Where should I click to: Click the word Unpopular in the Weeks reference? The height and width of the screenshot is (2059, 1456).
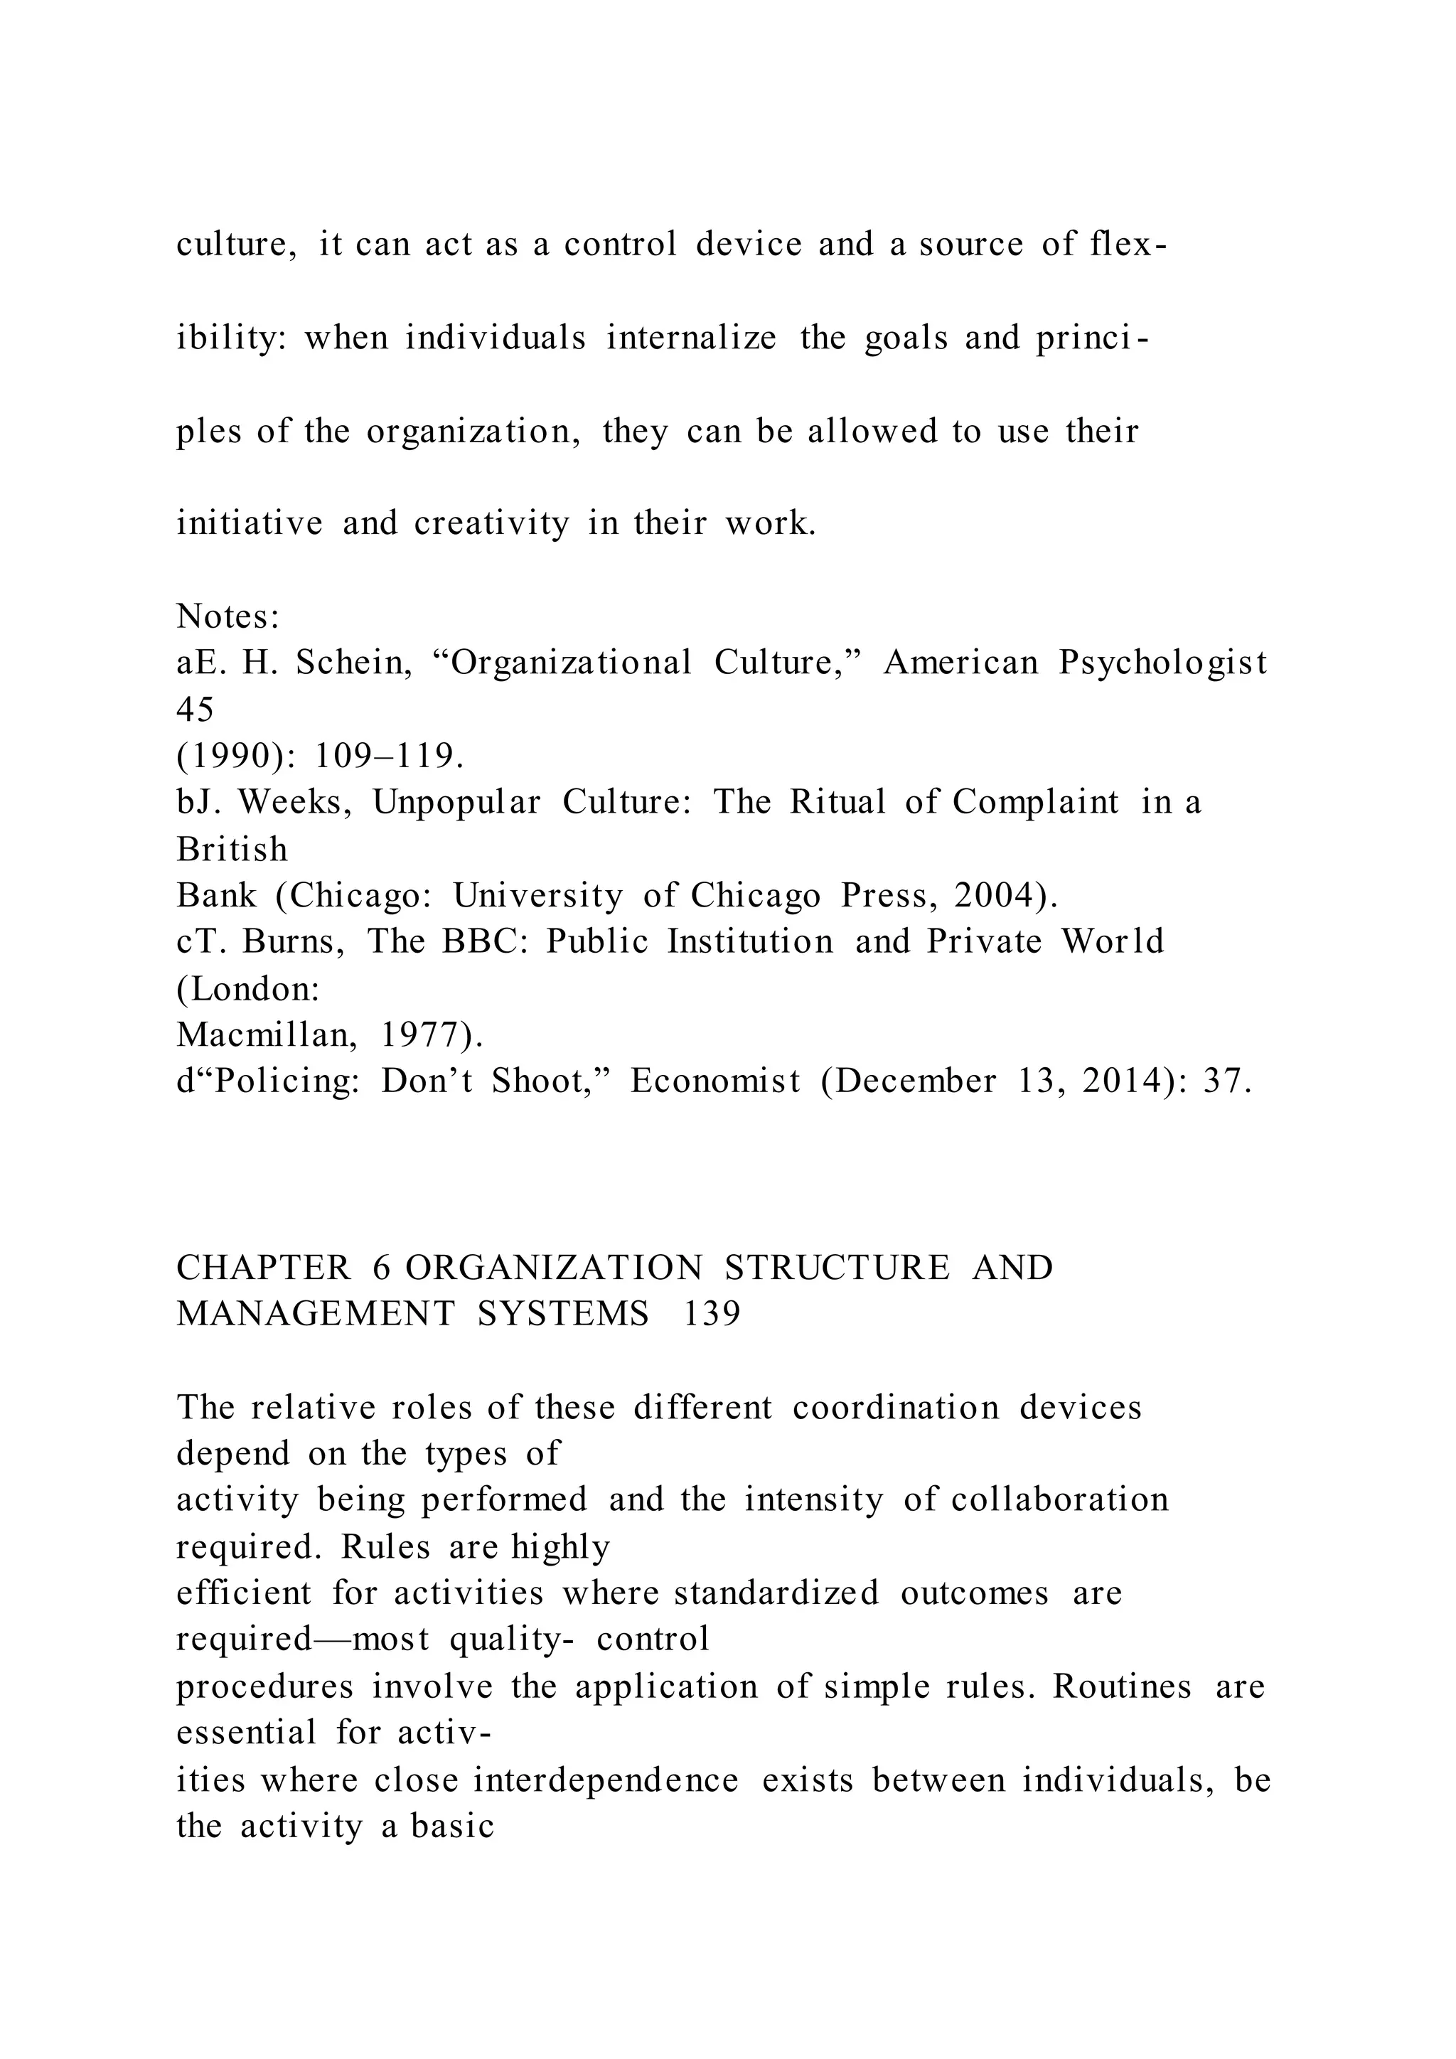[x=456, y=802]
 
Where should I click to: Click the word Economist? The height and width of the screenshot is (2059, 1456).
[x=714, y=1081]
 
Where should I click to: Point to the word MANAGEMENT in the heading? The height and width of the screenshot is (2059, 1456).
[x=316, y=1315]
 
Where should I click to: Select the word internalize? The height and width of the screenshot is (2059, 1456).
[x=690, y=338]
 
